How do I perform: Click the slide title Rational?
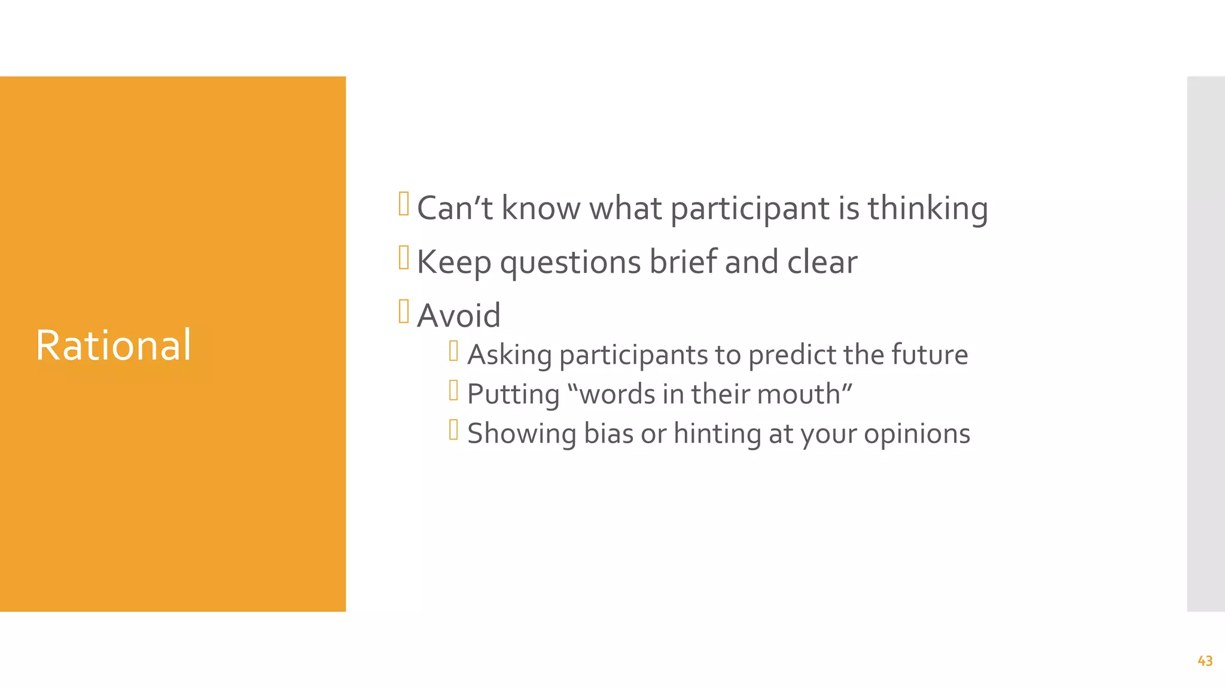click(x=114, y=346)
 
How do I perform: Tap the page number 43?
click(x=1205, y=661)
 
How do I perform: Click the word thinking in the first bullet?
click(x=928, y=209)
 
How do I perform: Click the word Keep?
click(x=454, y=263)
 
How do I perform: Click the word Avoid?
click(x=459, y=316)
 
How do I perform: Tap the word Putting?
click(x=513, y=395)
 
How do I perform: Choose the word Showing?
click(x=521, y=434)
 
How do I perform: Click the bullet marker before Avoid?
click(x=404, y=312)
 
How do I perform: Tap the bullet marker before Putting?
click(x=453, y=391)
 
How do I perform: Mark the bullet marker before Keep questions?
click(x=404, y=258)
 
